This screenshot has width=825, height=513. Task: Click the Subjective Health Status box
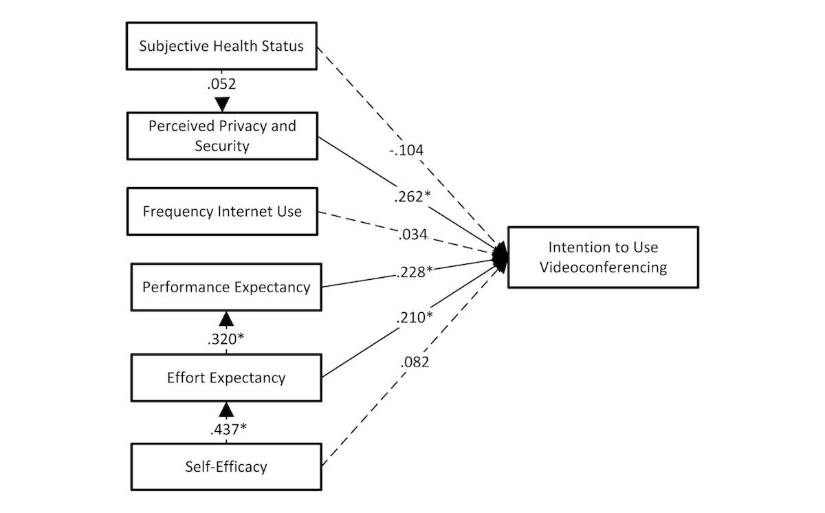[x=221, y=46]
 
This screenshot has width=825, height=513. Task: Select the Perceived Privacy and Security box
[x=222, y=136]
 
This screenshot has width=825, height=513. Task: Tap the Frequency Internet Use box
[x=222, y=211]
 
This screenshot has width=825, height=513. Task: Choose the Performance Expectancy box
[x=226, y=287]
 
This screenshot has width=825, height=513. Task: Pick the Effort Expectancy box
[x=226, y=378]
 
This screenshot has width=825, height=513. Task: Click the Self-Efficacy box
[x=226, y=467]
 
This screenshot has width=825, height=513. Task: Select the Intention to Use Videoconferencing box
[x=604, y=257]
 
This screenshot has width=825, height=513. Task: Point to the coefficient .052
[x=221, y=84]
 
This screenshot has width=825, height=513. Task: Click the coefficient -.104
[x=406, y=150]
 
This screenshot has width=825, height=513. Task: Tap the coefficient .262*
[x=412, y=197]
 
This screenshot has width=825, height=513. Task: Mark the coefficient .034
[x=412, y=234]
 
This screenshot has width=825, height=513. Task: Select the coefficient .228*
[x=415, y=272]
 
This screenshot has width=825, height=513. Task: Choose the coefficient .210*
[x=415, y=318]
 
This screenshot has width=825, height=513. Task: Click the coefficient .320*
[x=225, y=339]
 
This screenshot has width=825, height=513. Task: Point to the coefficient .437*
[x=228, y=429]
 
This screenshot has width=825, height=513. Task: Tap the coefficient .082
[x=415, y=362]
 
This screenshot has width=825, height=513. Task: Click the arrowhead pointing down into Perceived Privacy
[x=222, y=105]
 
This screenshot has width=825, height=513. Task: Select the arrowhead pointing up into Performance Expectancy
[x=226, y=319]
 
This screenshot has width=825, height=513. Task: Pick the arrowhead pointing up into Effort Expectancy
[x=226, y=410]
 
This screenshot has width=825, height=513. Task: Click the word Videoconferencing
[x=604, y=268]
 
